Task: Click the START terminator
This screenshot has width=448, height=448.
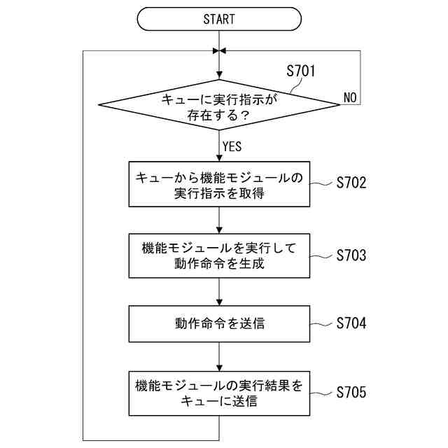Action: point(219,19)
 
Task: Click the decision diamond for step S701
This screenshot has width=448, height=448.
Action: point(219,106)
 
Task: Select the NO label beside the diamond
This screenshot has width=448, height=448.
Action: point(351,97)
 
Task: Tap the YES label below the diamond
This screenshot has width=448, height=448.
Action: point(232,146)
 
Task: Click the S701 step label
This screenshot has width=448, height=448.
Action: point(301,71)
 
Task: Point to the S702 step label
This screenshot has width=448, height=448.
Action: point(351,183)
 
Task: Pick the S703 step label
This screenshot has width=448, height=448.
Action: point(351,254)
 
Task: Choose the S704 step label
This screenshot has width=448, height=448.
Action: point(351,323)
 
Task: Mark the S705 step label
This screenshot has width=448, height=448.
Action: point(351,392)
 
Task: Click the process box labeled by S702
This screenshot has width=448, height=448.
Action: point(219,185)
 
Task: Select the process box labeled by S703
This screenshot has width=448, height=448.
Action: point(219,255)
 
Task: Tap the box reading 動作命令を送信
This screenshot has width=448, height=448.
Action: point(219,323)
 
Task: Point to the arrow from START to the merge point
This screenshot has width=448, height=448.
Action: point(219,39)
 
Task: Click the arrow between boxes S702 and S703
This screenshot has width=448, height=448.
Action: point(219,220)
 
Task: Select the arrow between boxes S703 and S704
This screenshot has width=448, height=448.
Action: point(219,290)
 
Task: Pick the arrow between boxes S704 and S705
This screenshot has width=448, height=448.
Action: point(219,358)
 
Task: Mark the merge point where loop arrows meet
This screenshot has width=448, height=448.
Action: point(219,51)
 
